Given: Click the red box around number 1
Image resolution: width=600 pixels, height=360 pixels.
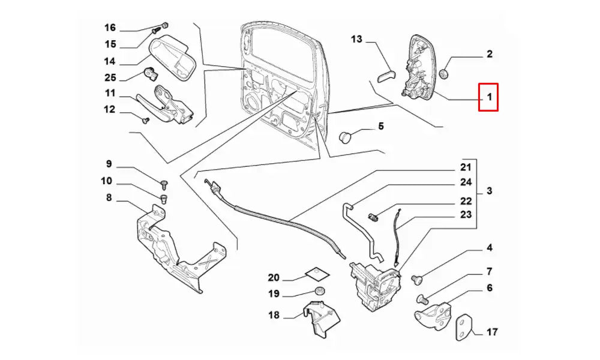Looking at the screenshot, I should [x=488, y=97].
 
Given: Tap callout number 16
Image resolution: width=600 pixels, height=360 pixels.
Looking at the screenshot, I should [x=110, y=28].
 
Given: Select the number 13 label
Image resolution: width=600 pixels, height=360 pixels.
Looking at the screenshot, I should [x=357, y=40].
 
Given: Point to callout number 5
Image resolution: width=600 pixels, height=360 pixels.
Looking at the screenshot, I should [x=380, y=127].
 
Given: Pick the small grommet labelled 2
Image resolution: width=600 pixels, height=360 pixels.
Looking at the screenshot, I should [x=445, y=73].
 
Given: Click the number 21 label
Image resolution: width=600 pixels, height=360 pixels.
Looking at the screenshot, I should [x=466, y=167].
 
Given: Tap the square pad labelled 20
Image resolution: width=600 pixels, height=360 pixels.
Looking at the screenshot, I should [x=317, y=273].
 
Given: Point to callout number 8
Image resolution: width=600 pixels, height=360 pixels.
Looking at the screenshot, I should [x=109, y=198].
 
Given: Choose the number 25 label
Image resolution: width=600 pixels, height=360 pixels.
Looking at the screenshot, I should [x=110, y=77].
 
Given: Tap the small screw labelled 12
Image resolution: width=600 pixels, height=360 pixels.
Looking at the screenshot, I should [x=145, y=120].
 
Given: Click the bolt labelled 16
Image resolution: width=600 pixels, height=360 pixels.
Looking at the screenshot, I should [x=164, y=26].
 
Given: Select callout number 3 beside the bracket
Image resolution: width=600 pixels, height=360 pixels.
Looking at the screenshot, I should [x=490, y=191].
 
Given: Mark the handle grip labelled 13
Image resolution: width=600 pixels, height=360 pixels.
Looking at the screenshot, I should [x=385, y=77].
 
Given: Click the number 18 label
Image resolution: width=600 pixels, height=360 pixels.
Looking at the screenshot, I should [x=274, y=315].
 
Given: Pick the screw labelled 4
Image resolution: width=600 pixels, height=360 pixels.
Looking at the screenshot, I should [x=418, y=278].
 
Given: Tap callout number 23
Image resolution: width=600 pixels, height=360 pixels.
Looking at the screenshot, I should [x=466, y=214].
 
